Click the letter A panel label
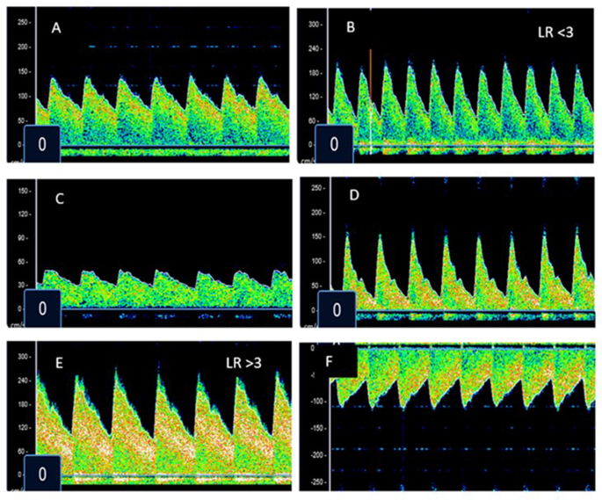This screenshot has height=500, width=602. pos(56,27)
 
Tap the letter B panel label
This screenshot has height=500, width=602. pos(350,27)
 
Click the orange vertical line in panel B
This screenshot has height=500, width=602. pos(371,74)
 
